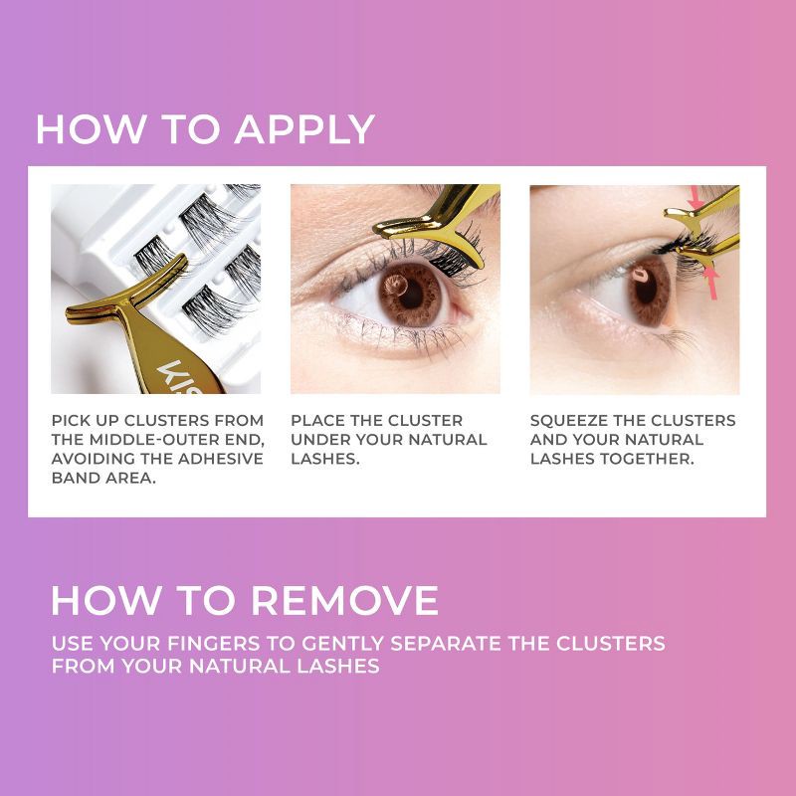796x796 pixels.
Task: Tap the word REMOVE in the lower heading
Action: point(343,600)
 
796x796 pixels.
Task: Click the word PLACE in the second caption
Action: point(318,420)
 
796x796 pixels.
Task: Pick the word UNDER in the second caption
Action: point(318,439)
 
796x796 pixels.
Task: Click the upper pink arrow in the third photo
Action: point(696,203)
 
